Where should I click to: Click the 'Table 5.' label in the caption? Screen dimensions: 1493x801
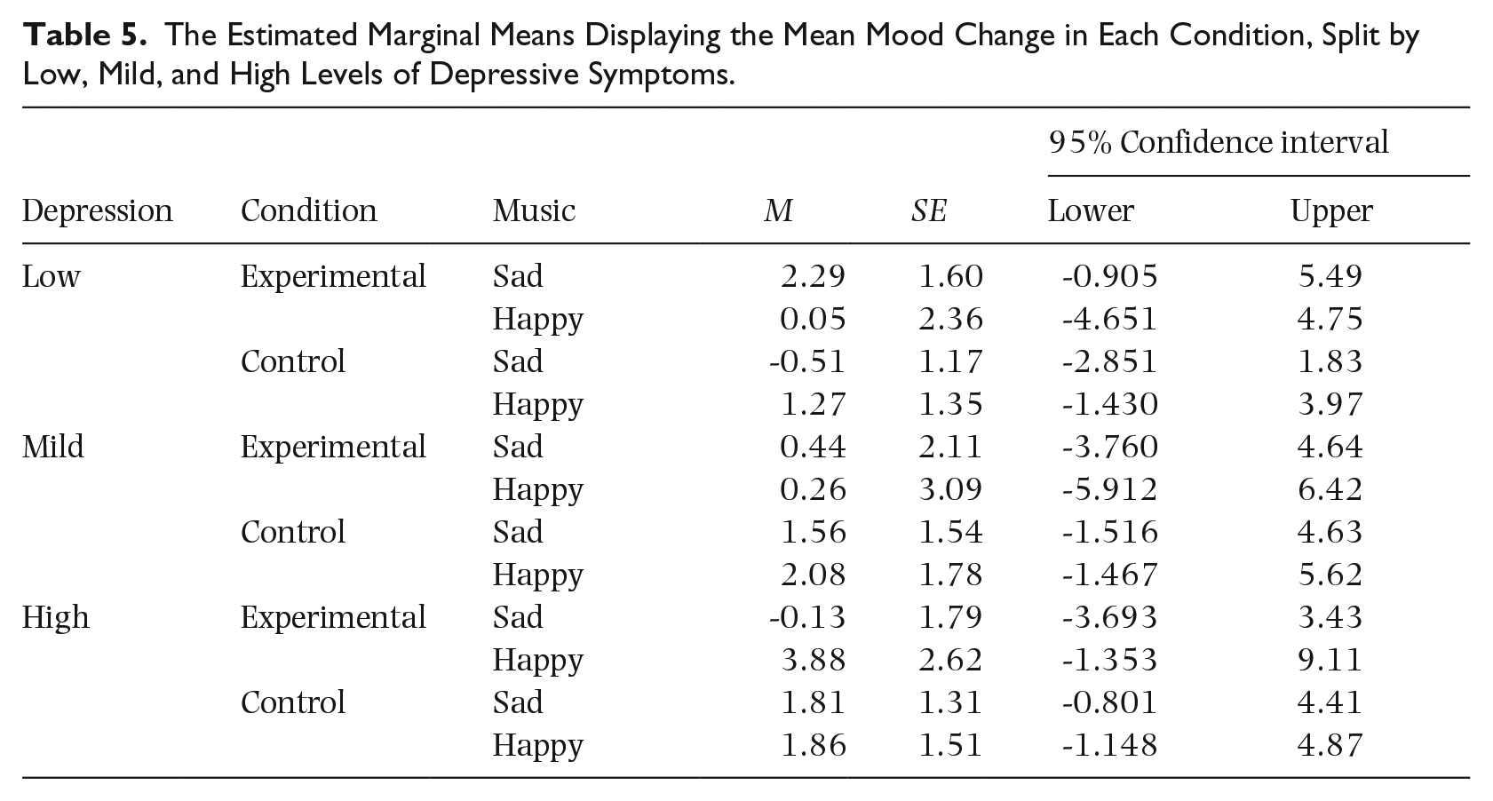[x=84, y=35]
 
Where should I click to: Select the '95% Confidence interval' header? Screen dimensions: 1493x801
[x=1219, y=142]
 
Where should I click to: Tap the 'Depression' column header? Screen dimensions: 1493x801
[x=98, y=211]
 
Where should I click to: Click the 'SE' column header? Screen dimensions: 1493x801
[x=928, y=211]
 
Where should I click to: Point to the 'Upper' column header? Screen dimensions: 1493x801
[x=1331, y=211]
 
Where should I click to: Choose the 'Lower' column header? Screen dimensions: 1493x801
[x=1091, y=211]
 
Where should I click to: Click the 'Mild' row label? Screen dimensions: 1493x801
[x=53, y=447]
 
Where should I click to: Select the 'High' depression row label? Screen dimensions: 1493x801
[x=55, y=618]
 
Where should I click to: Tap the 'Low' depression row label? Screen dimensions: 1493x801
[x=52, y=276]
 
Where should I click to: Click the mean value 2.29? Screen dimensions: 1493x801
[x=813, y=276]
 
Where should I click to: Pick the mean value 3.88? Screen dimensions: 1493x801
[x=814, y=660]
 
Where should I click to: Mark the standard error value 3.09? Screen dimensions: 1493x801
[x=950, y=489]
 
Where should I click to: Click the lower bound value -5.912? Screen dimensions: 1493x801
[x=1109, y=489]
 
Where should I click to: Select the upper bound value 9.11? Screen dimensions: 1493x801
[x=1330, y=660]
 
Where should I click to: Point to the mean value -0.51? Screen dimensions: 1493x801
[x=807, y=361]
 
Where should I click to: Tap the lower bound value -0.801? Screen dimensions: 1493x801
[x=1109, y=702]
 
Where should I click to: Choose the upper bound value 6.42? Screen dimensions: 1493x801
[x=1330, y=489]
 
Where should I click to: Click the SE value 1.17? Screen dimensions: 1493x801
[x=950, y=361]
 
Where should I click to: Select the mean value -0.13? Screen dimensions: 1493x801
[x=807, y=617]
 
